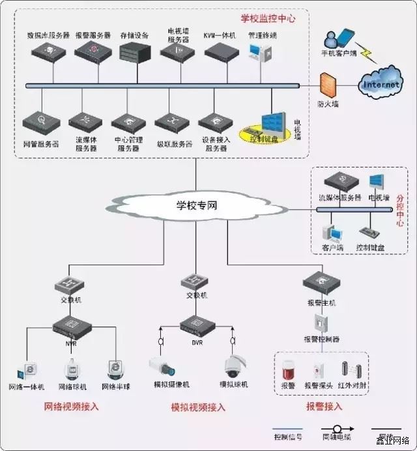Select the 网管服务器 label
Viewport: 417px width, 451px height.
coord(41,143)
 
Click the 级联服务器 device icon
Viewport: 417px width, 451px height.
coord(173,123)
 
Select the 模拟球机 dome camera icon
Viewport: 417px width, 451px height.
coord(233,365)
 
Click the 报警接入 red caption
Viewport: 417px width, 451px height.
coord(324,407)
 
